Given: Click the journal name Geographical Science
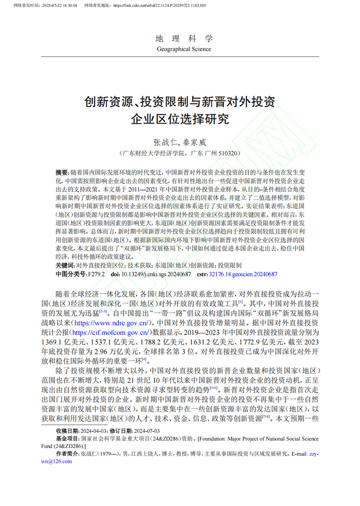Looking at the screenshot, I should tap(184, 49).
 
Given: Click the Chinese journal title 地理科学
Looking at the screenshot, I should tap(184, 38).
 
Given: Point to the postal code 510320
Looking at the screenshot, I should tap(230, 153).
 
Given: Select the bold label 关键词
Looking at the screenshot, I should tap(65, 266).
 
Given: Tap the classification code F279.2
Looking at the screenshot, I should tap(96, 274).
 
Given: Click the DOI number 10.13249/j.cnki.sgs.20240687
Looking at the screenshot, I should tap(156, 274).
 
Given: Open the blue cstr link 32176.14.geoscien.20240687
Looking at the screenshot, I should tap(243, 274).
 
